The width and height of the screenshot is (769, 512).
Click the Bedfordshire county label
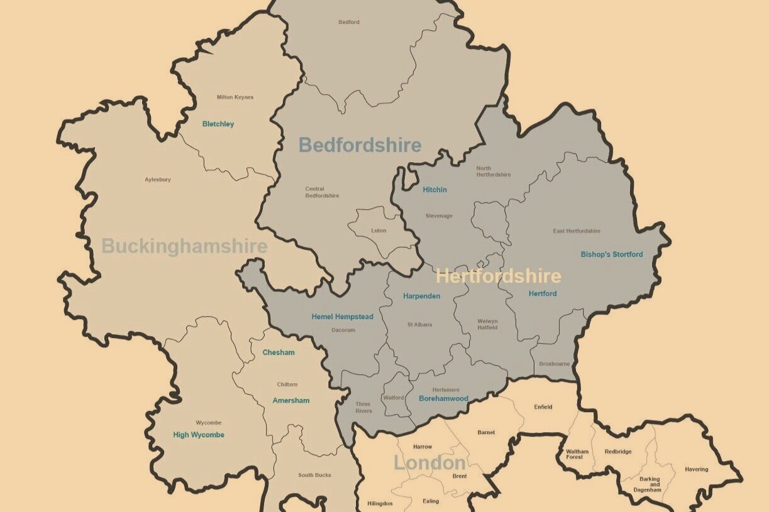click(360, 145)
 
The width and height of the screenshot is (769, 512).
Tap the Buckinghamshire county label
click(184, 246)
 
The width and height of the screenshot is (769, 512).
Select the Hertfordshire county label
click(498, 276)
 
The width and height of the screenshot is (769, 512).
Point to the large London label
click(429, 464)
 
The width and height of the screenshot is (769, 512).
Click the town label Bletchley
click(218, 124)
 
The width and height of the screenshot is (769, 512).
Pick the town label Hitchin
click(434, 190)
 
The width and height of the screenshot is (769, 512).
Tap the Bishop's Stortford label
click(611, 254)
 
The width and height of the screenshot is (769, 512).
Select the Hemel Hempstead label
click(342, 317)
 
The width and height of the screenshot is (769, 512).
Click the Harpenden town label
click(421, 296)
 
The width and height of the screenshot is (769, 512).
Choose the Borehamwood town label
click(443, 398)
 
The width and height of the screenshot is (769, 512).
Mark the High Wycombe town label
click(199, 435)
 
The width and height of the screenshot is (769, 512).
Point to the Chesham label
click(279, 352)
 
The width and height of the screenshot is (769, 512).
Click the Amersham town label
click(290, 400)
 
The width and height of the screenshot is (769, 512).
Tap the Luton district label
click(379, 231)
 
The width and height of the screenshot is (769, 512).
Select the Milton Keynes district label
click(235, 97)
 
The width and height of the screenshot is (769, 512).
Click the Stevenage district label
click(438, 216)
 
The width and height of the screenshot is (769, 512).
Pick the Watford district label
click(394, 398)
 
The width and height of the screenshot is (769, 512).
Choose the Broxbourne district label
click(554, 364)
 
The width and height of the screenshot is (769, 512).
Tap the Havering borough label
click(696, 469)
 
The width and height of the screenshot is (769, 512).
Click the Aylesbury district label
click(158, 180)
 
